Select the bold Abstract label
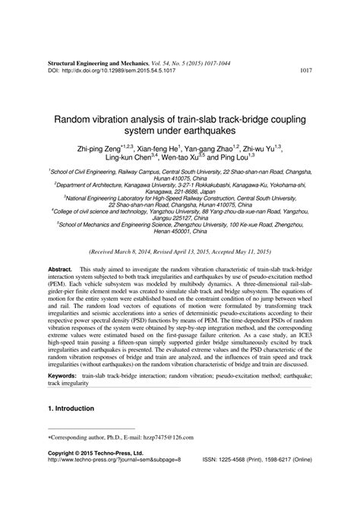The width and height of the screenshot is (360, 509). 59,291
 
